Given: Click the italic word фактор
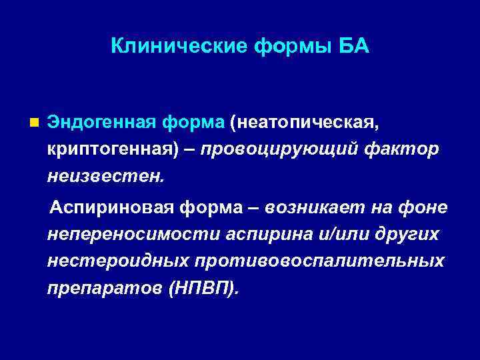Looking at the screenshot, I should tap(401, 150).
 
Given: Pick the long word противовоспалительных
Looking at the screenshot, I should tap(320, 262).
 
